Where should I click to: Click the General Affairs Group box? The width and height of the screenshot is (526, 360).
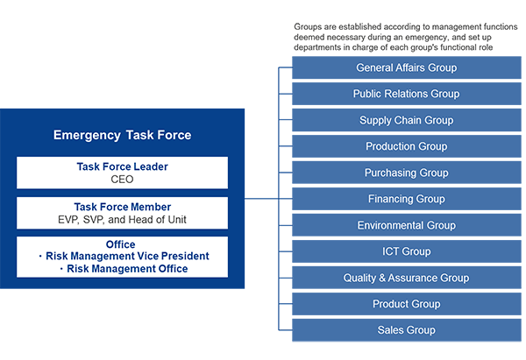click(x=406, y=67)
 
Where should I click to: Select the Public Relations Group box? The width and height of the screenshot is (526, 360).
click(x=406, y=94)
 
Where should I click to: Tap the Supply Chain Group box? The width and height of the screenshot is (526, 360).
click(x=406, y=120)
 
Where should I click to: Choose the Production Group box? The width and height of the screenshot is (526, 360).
click(x=406, y=146)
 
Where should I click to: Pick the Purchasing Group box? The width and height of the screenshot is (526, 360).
click(x=406, y=173)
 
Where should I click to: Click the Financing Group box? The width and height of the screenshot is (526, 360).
click(x=406, y=199)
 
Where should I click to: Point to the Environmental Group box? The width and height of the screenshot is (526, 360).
click(x=406, y=225)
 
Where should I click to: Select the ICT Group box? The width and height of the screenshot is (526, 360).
click(x=406, y=251)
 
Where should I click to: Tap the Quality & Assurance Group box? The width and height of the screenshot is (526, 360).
click(x=406, y=278)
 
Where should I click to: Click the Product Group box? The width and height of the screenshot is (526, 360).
click(x=406, y=304)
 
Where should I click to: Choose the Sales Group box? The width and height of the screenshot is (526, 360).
click(x=406, y=330)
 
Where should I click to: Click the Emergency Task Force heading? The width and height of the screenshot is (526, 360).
click(x=122, y=135)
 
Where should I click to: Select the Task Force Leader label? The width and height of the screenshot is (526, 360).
click(x=122, y=166)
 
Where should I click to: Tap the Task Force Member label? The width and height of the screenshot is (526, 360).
click(x=122, y=206)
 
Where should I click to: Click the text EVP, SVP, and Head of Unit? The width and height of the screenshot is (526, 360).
click(x=122, y=219)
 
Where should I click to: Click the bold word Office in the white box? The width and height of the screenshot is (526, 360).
click(x=122, y=244)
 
